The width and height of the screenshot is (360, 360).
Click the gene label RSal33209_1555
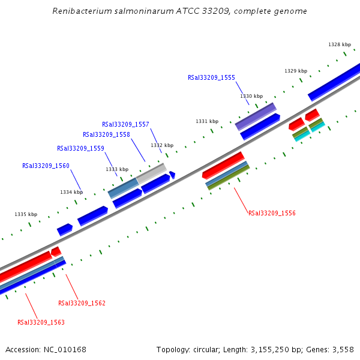(x=211, y=77)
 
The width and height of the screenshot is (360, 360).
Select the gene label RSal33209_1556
(x=272, y=213)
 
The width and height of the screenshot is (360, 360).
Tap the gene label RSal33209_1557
(x=125, y=124)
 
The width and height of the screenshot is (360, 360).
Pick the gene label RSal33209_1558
(x=106, y=135)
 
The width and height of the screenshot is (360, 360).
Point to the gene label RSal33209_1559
(x=80, y=148)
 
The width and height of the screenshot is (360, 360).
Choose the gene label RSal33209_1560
(x=46, y=166)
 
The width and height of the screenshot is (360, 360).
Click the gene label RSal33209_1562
(x=82, y=303)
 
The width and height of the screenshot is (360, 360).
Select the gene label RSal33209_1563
(x=41, y=322)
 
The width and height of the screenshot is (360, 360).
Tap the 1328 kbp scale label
(x=340, y=44)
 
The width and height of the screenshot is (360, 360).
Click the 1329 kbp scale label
(x=296, y=71)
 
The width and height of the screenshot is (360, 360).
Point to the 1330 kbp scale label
(x=251, y=96)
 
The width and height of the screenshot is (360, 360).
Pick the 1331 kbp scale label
(x=207, y=121)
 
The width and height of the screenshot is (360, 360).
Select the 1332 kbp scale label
(x=162, y=145)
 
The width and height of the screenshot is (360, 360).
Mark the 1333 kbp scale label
(x=117, y=169)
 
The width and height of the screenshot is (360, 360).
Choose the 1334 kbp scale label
(x=71, y=192)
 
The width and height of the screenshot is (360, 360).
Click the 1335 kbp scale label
(x=26, y=214)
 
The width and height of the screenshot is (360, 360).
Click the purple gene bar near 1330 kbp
(x=256, y=116)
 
